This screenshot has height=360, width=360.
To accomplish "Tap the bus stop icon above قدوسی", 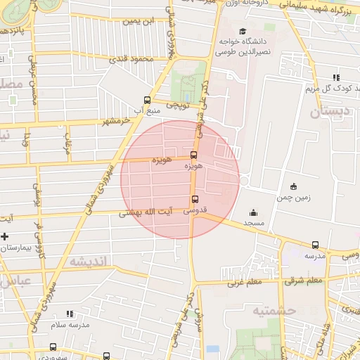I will [x=195, y=199].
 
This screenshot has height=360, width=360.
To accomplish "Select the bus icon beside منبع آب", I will [x=146, y=100].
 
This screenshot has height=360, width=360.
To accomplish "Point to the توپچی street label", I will [x=178, y=105].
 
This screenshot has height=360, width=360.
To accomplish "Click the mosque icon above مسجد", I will [x=253, y=212].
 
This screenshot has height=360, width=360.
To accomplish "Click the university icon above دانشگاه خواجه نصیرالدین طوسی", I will [x=243, y=31].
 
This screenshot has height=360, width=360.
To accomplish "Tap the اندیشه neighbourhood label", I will [x=87, y=262].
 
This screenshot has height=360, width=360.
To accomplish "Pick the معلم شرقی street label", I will [x=304, y=281].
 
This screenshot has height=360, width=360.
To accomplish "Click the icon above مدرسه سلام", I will [x=69, y=314].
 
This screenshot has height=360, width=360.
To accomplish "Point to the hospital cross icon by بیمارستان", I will [x=5, y=236].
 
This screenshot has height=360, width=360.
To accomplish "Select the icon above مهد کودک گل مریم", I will [x=336, y=77].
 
